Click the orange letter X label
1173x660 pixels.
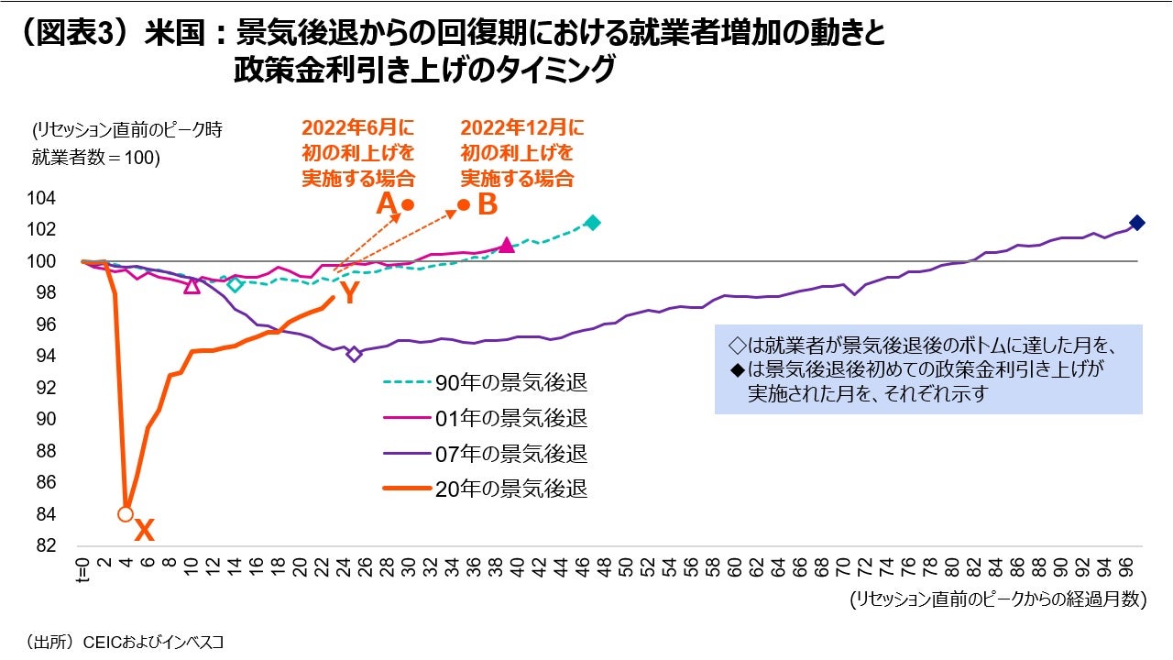click(x=144, y=530)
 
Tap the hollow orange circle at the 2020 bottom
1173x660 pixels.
click(x=126, y=514)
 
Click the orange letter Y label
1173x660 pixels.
click(x=348, y=293)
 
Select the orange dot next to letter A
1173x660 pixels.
click(x=408, y=204)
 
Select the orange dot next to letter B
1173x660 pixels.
click(x=464, y=204)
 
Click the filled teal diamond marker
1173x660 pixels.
click(x=592, y=223)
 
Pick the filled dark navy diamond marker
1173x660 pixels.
click(x=1137, y=223)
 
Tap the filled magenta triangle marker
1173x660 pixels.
click(x=507, y=245)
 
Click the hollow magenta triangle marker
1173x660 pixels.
click(x=192, y=286)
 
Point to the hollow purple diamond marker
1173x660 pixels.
click(x=355, y=354)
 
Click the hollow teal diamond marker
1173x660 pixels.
click(x=236, y=284)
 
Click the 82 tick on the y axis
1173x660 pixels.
click(x=46, y=545)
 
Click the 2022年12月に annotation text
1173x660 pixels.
click(x=521, y=127)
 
